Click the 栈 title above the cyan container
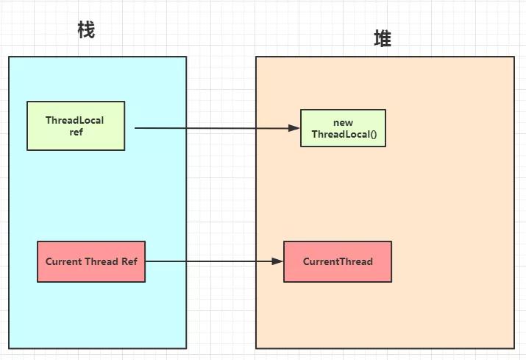[x=86, y=30]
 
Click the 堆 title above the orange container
[x=383, y=40]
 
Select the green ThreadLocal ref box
[x=76, y=126]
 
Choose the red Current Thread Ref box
[x=91, y=261]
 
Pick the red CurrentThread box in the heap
[x=338, y=261]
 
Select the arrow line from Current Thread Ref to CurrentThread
[x=213, y=261]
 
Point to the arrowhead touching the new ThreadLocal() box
[x=295, y=128]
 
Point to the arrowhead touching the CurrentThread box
[x=278, y=261]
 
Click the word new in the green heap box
[x=344, y=122]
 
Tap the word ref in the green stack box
[x=75, y=132]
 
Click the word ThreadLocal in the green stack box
[x=75, y=120]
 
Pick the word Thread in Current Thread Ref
[x=101, y=261]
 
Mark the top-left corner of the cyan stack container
[x=9, y=57]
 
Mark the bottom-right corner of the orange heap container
[x=514, y=347]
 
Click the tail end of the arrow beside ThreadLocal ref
[x=136, y=127]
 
